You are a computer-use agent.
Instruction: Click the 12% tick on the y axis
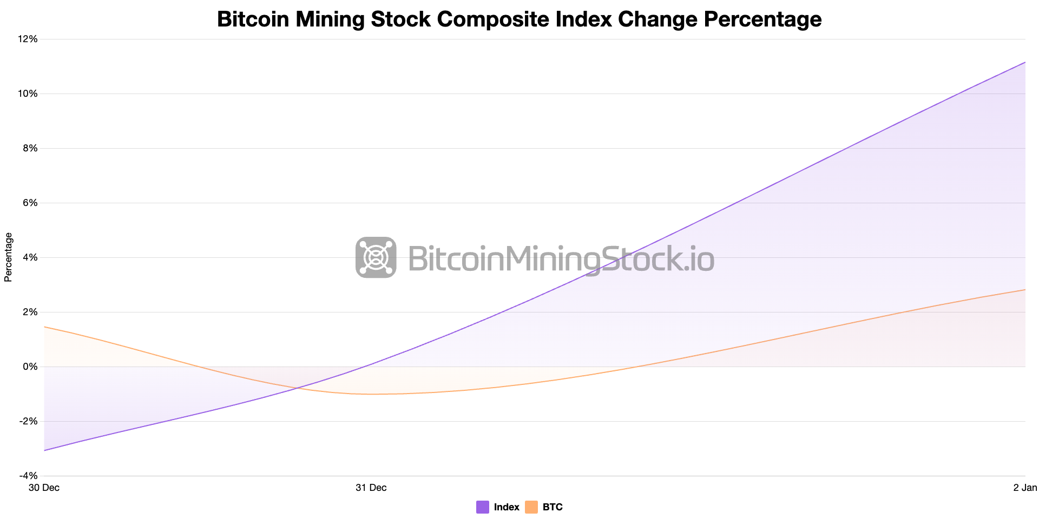tap(28, 39)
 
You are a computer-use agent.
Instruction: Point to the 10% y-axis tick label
tap(28, 94)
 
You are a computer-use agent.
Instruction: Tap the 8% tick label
tap(30, 148)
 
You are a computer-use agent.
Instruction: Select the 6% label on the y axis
tap(30, 203)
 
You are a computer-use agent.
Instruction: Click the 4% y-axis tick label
tap(30, 257)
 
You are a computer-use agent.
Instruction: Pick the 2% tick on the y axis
tap(30, 312)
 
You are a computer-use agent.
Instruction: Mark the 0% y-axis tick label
tap(30, 367)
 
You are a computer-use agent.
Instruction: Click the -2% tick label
tap(29, 421)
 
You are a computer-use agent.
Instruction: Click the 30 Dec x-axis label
tap(44, 488)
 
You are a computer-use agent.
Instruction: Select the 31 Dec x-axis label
tap(371, 488)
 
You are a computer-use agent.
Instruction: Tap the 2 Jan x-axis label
tap(1025, 488)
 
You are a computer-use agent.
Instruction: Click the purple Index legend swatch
tap(483, 507)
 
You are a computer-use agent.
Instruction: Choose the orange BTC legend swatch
tap(531, 507)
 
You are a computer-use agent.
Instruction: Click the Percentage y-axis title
tap(8, 257)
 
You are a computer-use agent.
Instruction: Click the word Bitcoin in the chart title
tap(252, 19)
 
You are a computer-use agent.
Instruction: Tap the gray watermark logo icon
tap(376, 257)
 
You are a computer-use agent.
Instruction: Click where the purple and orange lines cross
tap(297, 388)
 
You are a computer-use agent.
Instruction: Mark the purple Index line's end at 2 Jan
tap(1025, 62)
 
